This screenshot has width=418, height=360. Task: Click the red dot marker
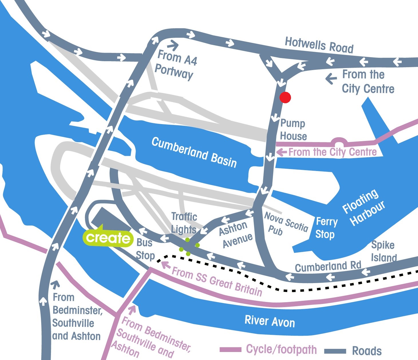point(285,98)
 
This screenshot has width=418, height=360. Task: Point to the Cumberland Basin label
point(194,152)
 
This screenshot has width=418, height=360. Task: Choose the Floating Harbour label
point(364,207)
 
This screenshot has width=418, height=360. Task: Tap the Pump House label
point(293,129)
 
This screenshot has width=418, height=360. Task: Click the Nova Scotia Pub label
point(286,224)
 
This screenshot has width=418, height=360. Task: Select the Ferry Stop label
point(326,228)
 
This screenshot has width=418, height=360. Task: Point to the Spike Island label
point(384,251)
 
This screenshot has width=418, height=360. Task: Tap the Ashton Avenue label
point(236,234)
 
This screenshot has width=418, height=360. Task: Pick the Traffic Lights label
point(184,223)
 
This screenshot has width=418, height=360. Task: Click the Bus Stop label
point(145,249)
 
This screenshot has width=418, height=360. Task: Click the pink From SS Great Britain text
point(217,281)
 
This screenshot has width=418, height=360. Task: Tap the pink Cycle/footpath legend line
point(230,349)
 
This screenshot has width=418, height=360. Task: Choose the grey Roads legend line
point(335,351)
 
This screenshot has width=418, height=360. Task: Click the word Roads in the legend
point(367,351)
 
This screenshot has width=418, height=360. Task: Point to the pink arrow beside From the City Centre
point(282,152)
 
